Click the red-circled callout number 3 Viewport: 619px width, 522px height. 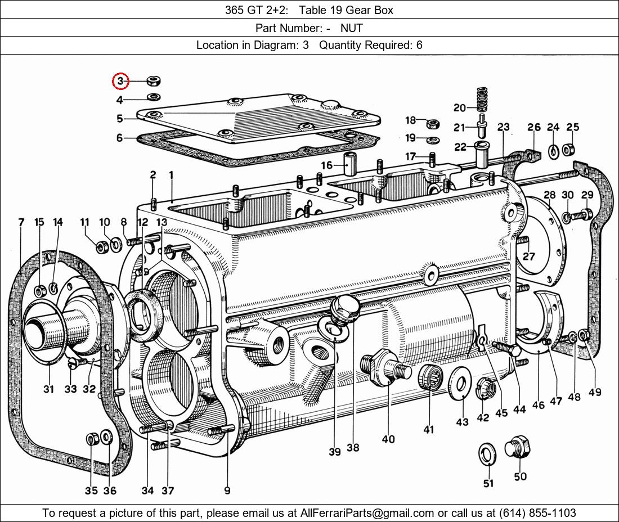click(120, 81)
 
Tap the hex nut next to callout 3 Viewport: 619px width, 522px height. click(154, 81)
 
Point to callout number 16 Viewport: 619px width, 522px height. click(326, 165)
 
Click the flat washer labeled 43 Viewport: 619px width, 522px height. click(460, 382)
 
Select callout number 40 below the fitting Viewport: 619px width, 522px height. click(388, 439)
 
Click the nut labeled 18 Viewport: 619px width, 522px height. click(433, 124)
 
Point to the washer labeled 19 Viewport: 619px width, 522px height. click(434, 139)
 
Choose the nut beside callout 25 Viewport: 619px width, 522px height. click(568, 150)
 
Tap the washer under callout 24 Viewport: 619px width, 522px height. click(554, 151)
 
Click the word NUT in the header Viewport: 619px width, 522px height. click(351, 28)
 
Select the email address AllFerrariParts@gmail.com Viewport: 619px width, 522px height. click(367, 513)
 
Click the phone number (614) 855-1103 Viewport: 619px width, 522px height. click(537, 513)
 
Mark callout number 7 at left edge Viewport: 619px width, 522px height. click(21, 223)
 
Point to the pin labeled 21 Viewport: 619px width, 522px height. click(482, 125)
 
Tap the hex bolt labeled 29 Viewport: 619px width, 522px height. click(582, 215)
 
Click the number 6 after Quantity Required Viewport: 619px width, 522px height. click(419, 45)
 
